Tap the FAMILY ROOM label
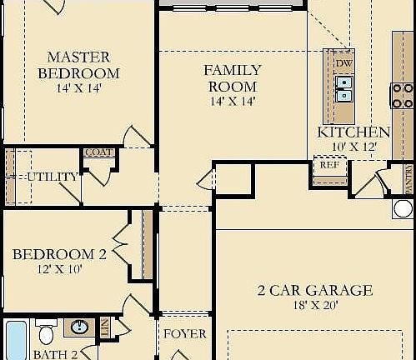tap(232, 78)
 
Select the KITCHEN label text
tap(353, 132)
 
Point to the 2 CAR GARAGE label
tap(314, 291)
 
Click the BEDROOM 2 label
tap(59, 254)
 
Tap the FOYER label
tap(184, 334)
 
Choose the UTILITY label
tap(53, 177)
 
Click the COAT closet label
tap(98, 152)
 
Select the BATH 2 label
tap(55, 354)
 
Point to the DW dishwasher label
tap(343, 63)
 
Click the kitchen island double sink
tap(343, 87)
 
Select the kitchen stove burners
tap(402, 94)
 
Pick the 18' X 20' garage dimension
tap(314, 306)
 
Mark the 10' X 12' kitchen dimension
tap(353, 147)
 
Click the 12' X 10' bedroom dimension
tap(59, 268)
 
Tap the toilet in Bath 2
tap(48, 333)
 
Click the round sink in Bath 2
tap(78, 327)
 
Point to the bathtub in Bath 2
tap(16, 340)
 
